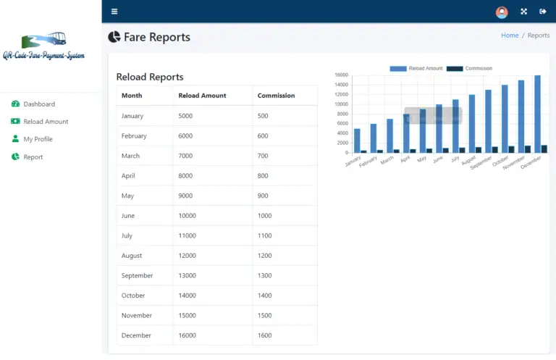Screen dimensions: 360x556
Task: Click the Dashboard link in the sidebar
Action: [38, 104]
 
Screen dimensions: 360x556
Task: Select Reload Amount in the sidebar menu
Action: [46, 122]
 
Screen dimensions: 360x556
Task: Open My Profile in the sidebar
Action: [38, 139]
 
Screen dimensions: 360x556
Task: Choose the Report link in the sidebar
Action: [33, 157]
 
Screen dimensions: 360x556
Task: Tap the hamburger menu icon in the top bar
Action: [114, 12]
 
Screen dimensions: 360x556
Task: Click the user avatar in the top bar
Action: [502, 12]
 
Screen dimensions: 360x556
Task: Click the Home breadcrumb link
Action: [510, 35]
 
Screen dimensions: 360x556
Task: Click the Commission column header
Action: [276, 96]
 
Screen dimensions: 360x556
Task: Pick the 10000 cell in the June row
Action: [188, 216]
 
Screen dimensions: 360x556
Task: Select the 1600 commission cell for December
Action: [265, 335]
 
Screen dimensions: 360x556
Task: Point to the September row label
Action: [137, 276]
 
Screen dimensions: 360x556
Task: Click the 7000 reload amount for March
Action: [186, 156]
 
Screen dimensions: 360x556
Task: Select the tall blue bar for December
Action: [537, 114]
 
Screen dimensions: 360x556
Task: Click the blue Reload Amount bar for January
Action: [357, 141]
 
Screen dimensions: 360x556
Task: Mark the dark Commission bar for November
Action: [528, 149]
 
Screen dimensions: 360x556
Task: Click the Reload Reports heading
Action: [150, 77]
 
